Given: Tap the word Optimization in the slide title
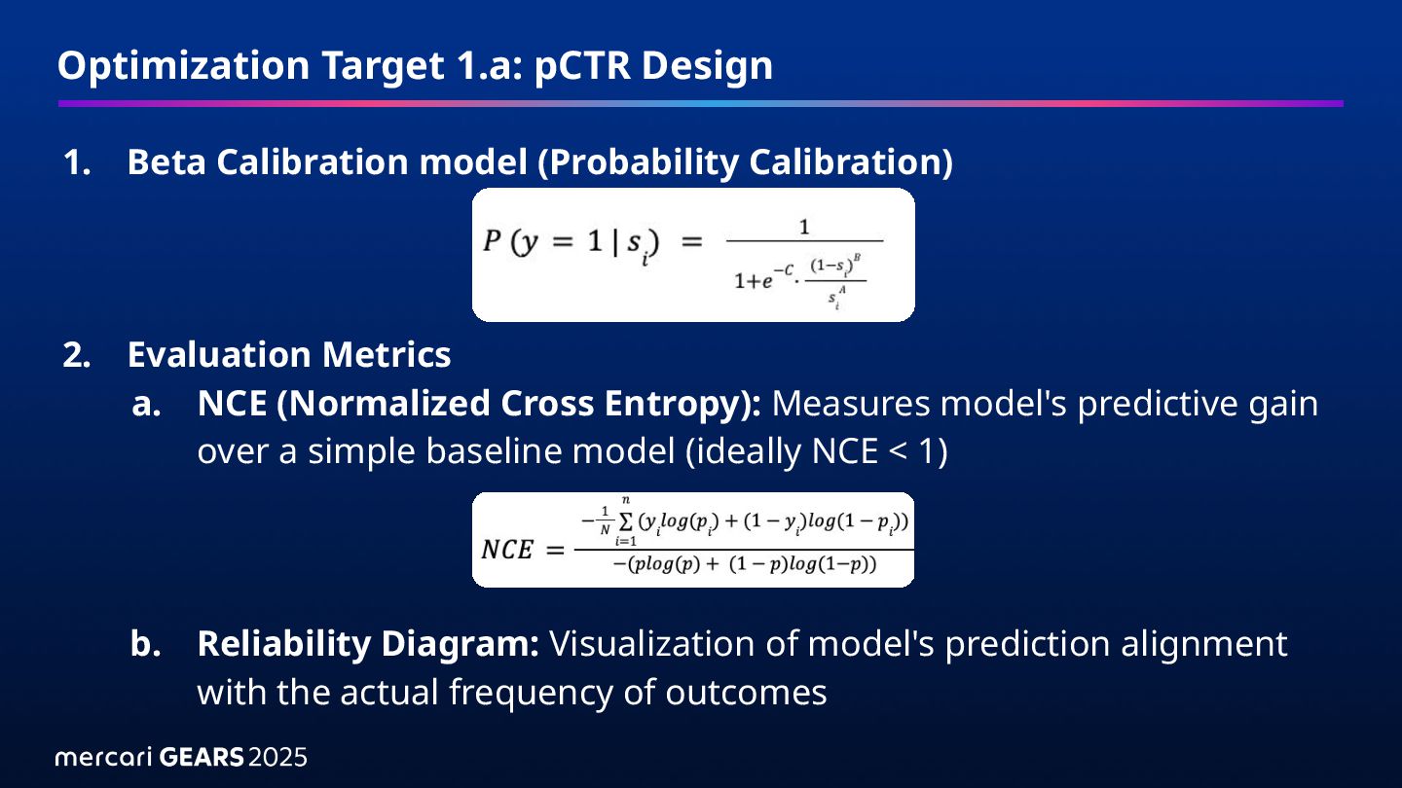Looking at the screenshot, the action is click(183, 66).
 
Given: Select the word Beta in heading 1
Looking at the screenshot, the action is click(166, 161).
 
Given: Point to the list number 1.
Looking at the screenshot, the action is click(77, 162).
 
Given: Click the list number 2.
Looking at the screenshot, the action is click(77, 355).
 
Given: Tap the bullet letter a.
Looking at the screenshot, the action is click(146, 405).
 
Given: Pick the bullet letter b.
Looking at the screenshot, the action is click(146, 644).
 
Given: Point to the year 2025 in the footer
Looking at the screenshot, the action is click(277, 757).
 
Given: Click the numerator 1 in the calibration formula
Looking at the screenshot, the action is click(804, 227).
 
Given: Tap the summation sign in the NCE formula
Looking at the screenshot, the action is click(626, 521).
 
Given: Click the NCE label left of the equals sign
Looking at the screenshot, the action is click(507, 550).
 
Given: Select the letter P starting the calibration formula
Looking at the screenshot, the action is click(492, 240).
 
